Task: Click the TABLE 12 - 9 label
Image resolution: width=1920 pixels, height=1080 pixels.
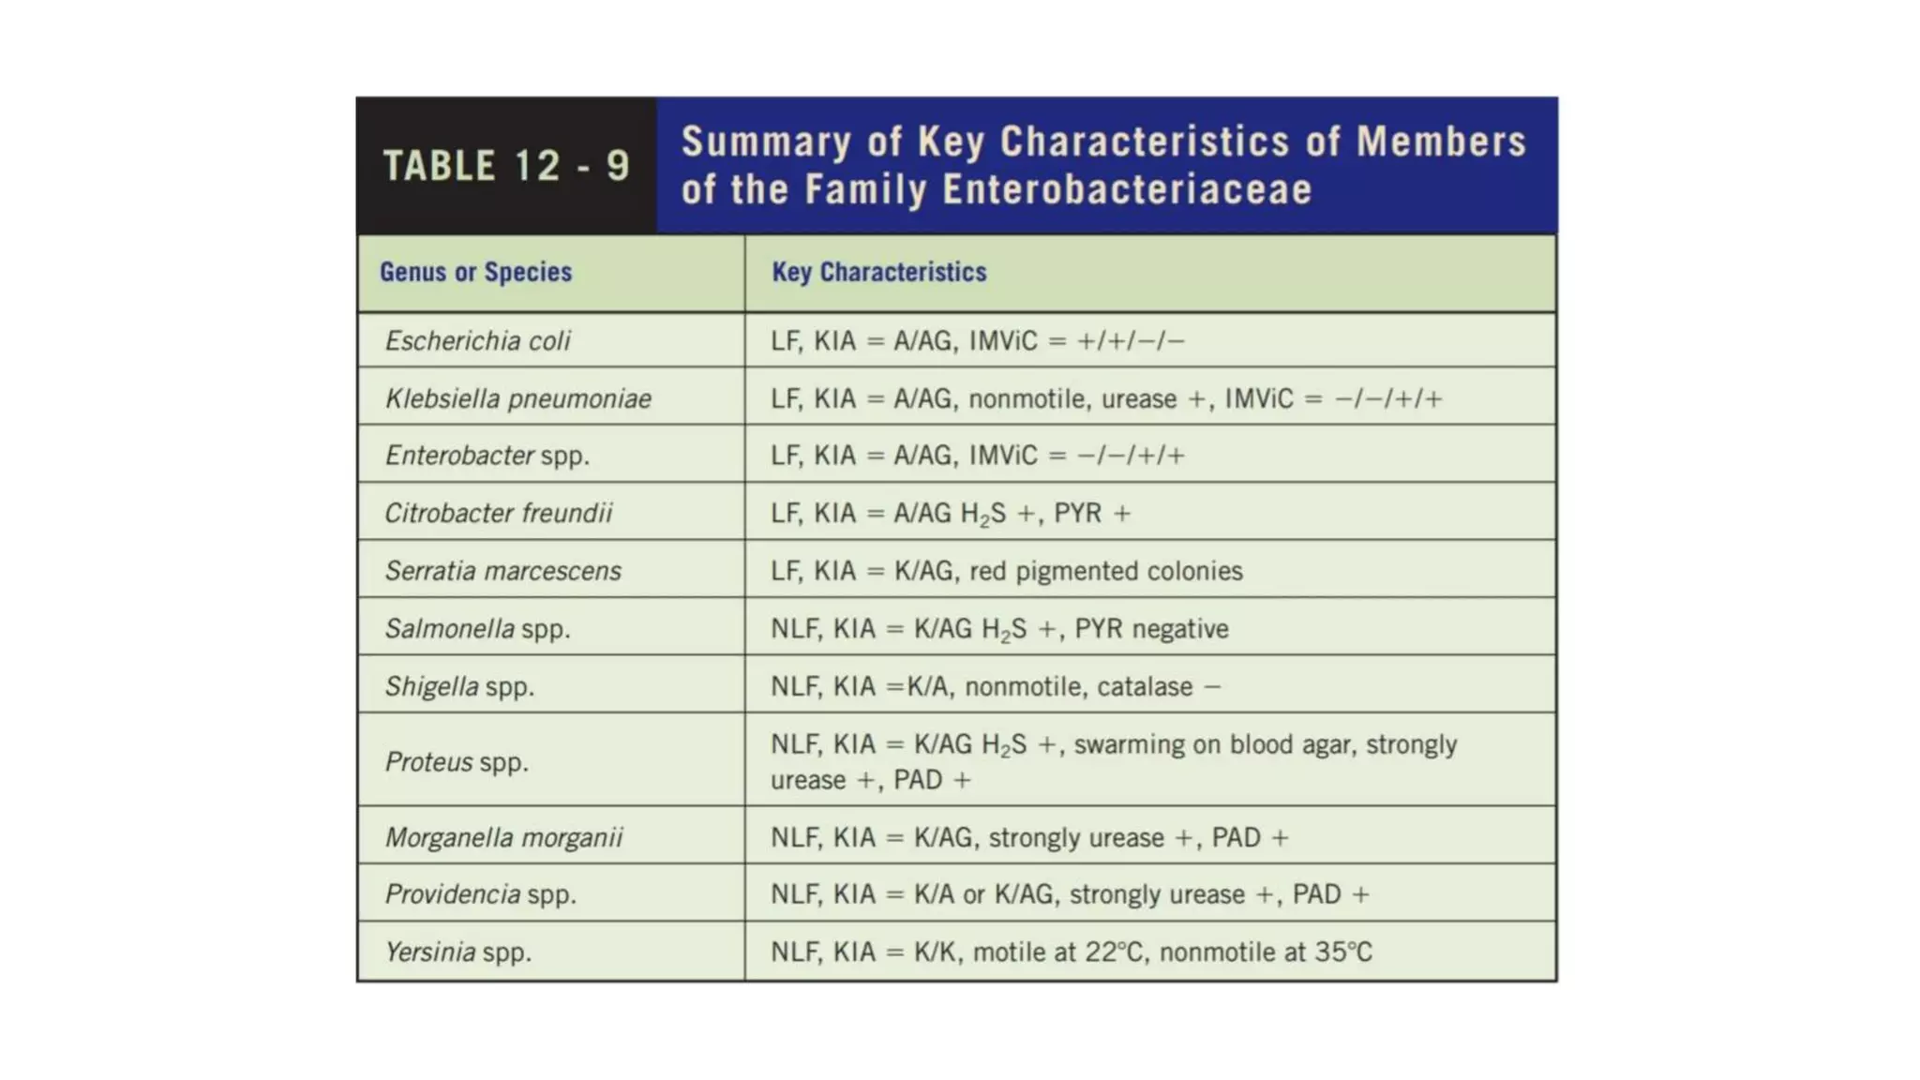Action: (506, 166)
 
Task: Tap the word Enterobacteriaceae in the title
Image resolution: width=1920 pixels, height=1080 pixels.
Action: (1127, 189)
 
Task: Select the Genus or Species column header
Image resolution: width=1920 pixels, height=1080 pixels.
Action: (475, 272)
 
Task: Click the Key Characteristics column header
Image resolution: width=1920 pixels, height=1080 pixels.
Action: (878, 272)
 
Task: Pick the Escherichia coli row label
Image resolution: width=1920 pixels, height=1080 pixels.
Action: (477, 340)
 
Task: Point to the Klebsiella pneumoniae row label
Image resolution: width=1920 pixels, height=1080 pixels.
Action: (517, 398)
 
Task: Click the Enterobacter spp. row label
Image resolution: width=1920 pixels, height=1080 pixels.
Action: (487, 456)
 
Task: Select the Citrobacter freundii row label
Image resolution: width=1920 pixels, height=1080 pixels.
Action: (498, 513)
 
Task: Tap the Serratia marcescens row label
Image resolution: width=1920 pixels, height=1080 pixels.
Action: (502, 571)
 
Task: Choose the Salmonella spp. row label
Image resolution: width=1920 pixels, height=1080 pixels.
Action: (477, 628)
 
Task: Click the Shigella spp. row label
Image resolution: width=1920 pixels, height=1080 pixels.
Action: (459, 686)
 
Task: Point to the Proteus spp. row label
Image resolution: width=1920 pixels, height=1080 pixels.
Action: (457, 761)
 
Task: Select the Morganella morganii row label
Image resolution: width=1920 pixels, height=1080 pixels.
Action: (503, 837)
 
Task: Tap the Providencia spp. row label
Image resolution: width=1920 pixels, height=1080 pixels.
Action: (480, 894)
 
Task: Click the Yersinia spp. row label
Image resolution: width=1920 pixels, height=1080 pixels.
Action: (457, 952)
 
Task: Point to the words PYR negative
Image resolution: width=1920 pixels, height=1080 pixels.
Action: (1151, 628)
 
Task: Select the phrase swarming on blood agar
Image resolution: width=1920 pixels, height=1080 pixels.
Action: (1214, 744)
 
